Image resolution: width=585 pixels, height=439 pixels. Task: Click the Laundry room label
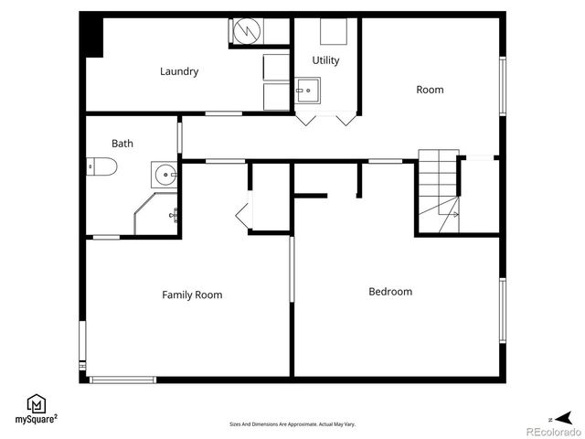pos(179,71)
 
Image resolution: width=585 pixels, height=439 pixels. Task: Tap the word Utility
pos(325,61)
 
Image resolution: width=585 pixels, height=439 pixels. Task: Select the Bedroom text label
pos(390,292)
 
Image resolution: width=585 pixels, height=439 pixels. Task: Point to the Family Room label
pos(192,294)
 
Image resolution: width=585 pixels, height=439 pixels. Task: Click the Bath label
pos(122,144)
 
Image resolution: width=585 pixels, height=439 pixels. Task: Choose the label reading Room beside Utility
pos(430,90)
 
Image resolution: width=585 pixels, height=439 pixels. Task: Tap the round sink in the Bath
pos(164,174)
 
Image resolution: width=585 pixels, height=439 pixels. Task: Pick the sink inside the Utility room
pos(308,91)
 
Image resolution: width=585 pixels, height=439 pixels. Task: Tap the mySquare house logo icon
pos(37,403)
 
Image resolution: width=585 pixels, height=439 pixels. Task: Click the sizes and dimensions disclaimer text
pos(292,424)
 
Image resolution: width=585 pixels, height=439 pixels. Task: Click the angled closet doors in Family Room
pos(244,215)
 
